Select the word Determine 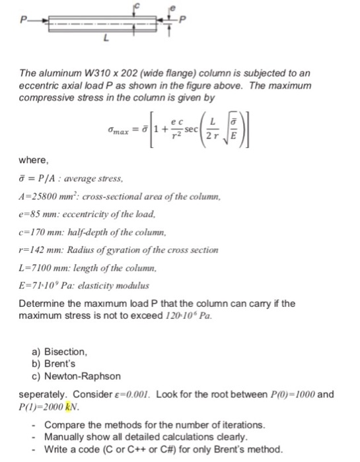coord(40,285)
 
